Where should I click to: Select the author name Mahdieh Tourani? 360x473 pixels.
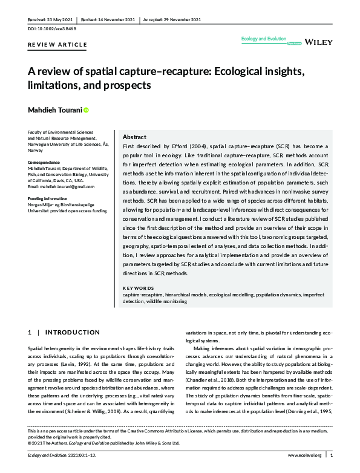click(54, 110)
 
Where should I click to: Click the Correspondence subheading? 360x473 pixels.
click(44, 163)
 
